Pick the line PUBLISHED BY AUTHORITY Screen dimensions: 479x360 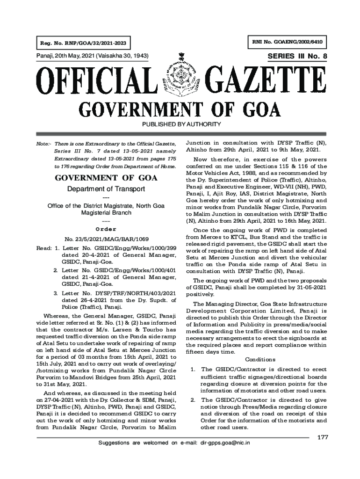tap(180, 124)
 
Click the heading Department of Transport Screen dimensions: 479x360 tap(106, 189)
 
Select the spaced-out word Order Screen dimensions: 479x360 tap(106, 229)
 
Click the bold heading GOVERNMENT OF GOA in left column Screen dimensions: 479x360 tap(106, 178)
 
